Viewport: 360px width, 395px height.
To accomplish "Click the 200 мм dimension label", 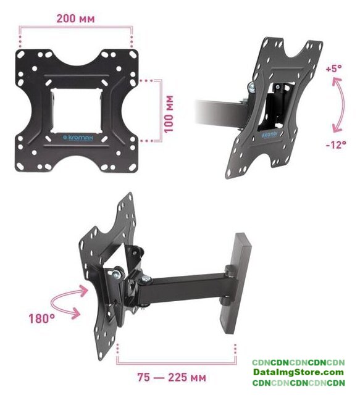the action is [x=75, y=19].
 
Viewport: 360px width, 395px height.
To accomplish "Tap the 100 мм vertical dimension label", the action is [x=169, y=114].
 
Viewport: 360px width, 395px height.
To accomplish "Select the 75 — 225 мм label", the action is [x=172, y=377].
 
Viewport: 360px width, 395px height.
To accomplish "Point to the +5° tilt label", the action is [x=334, y=69].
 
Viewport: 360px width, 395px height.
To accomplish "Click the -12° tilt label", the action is [x=336, y=145].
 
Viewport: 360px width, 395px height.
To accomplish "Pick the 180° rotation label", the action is [x=41, y=318].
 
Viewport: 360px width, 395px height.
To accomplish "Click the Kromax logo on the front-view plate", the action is [x=78, y=138].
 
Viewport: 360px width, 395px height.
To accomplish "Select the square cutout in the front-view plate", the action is [x=77, y=110].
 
